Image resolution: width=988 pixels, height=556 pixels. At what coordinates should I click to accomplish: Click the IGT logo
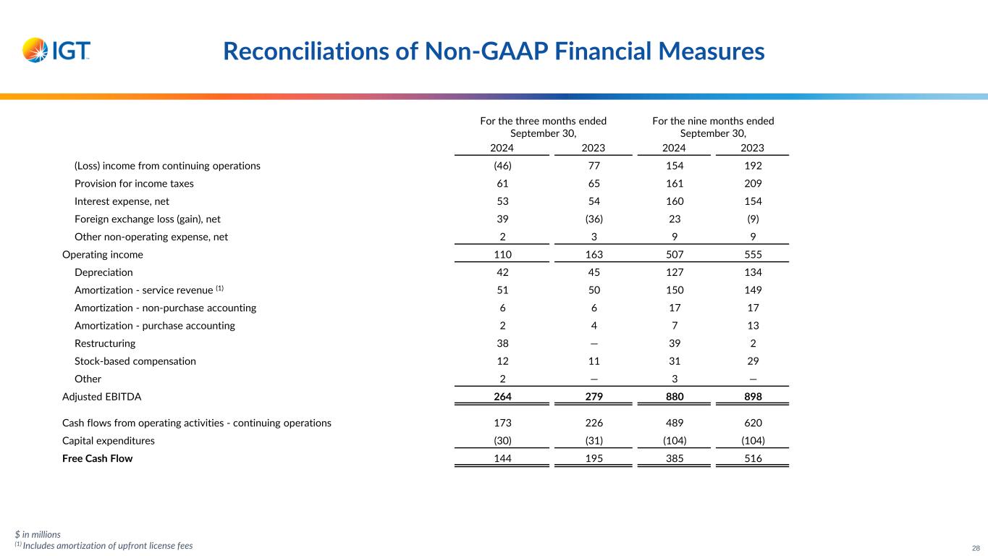[56, 50]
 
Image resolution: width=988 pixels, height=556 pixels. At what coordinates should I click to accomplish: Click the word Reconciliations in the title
[303, 51]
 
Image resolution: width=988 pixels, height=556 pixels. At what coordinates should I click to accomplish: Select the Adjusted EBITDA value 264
[502, 396]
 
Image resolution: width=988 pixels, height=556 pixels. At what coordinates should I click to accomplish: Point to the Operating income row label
[103, 255]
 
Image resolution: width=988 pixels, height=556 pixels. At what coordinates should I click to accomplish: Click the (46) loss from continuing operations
[502, 166]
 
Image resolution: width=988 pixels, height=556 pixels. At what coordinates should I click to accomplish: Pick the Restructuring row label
[105, 344]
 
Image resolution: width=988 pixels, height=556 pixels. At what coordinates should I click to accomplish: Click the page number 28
[975, 547]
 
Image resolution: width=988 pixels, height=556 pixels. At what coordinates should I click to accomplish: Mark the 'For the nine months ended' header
[713, 121]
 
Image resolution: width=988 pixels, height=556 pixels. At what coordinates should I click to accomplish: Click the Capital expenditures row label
[109, 440]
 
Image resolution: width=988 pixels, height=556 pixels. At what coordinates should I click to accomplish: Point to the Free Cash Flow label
[98, 458]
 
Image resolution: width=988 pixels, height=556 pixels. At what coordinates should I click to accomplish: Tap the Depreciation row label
[104, 272]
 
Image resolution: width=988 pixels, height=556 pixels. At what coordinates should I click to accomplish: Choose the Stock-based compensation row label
[135, 361]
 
